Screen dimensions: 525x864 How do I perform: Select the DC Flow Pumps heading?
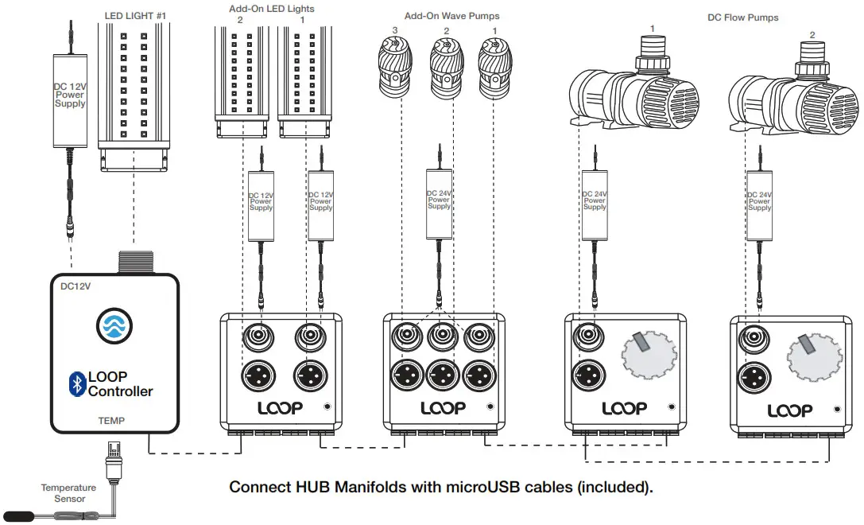[x=743, y=17]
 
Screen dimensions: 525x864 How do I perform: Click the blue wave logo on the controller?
[x=111, y=325]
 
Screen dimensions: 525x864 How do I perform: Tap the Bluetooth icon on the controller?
[x=77, y=383]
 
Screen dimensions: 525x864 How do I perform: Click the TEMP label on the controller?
[x=111, y=419]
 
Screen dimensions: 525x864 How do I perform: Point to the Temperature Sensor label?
[x=68, y=493]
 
